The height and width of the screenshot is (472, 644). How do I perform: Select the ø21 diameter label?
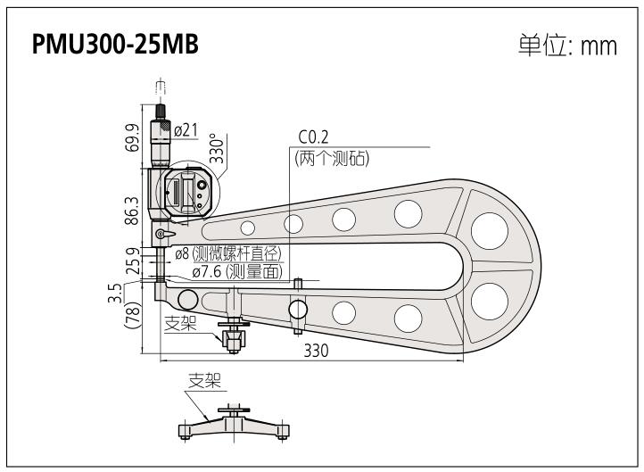(x=186, y=131)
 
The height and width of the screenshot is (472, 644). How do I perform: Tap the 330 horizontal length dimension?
(x=316, y=351)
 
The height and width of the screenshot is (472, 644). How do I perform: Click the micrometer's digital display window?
(x=177, y=191)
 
